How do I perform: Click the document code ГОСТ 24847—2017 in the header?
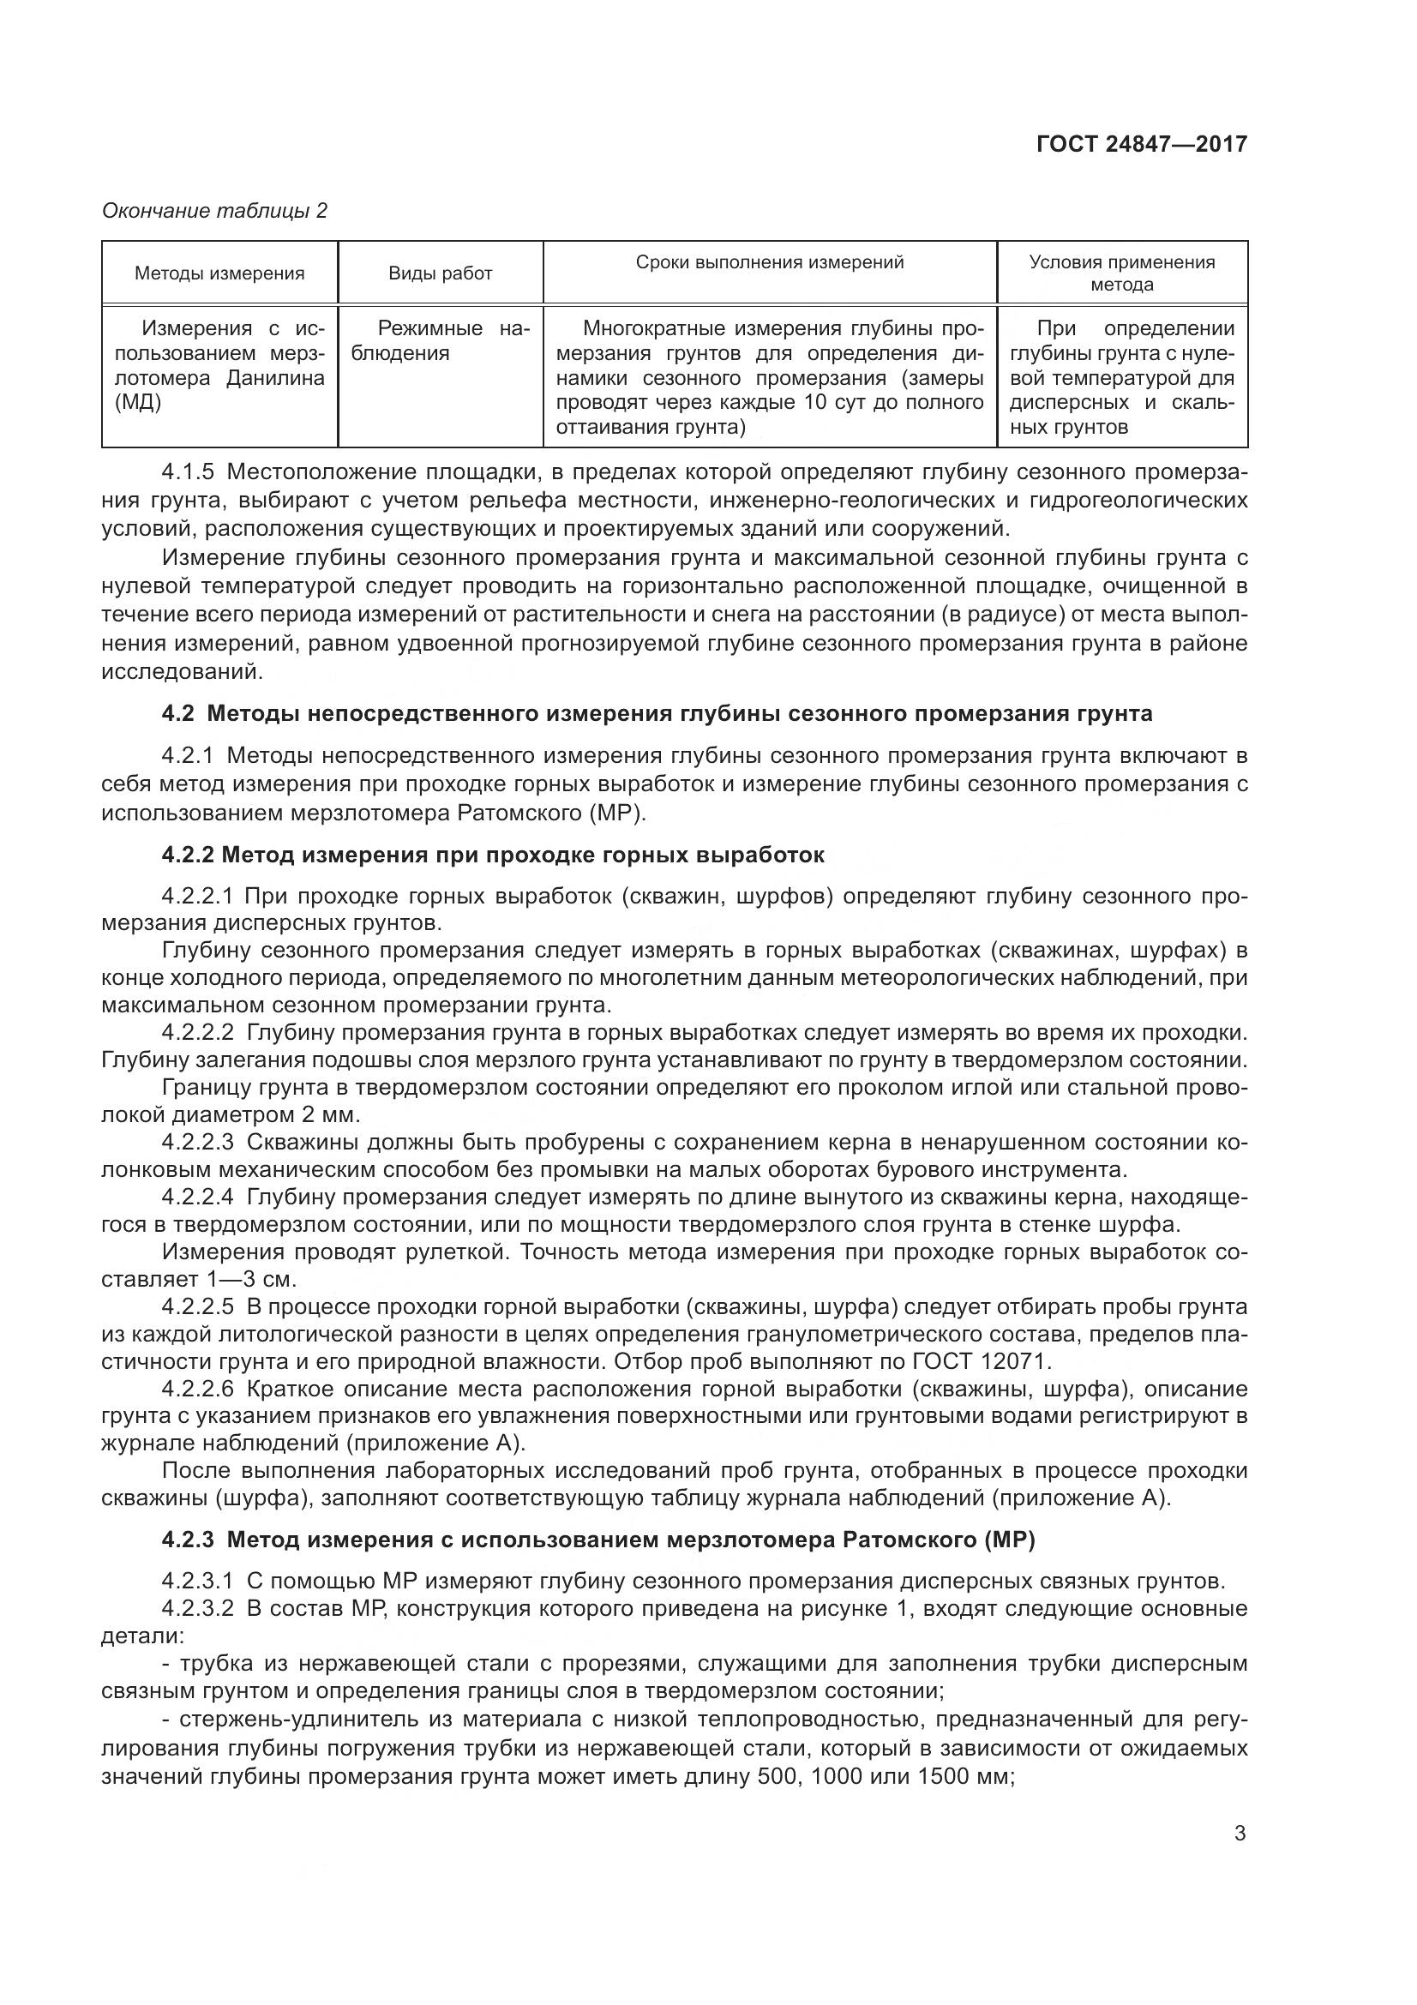point(1141,144)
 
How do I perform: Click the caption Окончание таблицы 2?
point(215,211)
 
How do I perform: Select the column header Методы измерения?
point(219,273)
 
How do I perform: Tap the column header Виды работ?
point(440,273)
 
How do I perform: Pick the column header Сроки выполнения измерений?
point(769,262)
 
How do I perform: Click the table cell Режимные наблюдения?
point(441,340)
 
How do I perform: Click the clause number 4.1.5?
point(188,472)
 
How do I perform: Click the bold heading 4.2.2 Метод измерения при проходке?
point(492,855)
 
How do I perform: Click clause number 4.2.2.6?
point(198,1389)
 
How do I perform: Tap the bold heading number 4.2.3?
point(188,1540)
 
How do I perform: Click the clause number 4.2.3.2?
point(198,1608)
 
